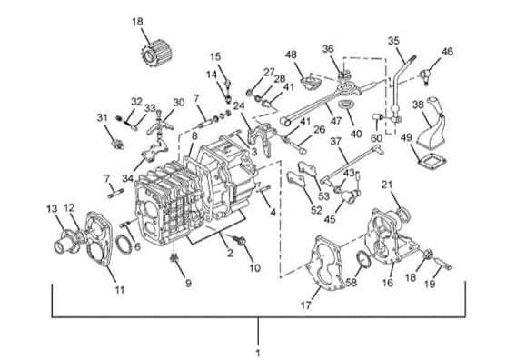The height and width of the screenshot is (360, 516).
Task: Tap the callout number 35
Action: point(393,41)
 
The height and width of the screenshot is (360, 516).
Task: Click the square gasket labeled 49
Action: point(432,161)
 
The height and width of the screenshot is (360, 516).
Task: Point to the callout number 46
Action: point(447,52)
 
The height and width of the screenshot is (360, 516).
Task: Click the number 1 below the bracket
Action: point(258,353)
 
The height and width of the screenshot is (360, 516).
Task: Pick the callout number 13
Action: point(52,208)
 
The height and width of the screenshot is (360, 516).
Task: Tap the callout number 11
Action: point(119,290)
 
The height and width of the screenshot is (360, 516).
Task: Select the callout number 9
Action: point(188,284)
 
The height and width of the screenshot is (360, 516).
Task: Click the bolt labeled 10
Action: point(241,241)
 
